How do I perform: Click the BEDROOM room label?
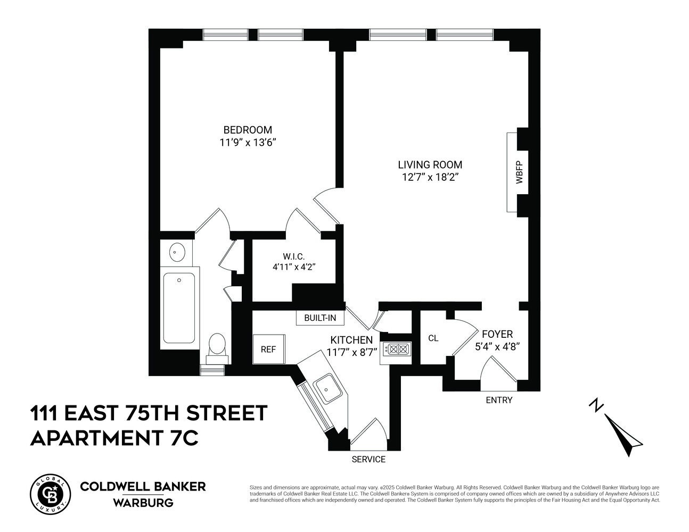(x=248, y=130)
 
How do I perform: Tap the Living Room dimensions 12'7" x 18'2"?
(x=430, y=178)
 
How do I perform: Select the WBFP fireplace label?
(x=519, y=172)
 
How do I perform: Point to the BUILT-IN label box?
(x=320, y=318)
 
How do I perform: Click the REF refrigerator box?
(x=268, y=350)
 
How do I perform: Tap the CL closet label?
(x=433, y=338)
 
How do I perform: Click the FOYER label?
(x=497, y=334)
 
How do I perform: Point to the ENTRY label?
(x=499, y=400)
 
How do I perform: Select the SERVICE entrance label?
(x=368, y=459)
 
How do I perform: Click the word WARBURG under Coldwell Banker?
(x=143, y=502)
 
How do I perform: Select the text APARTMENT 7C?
(x=115, y=438)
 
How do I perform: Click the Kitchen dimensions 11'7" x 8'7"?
(x=351, y=352)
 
